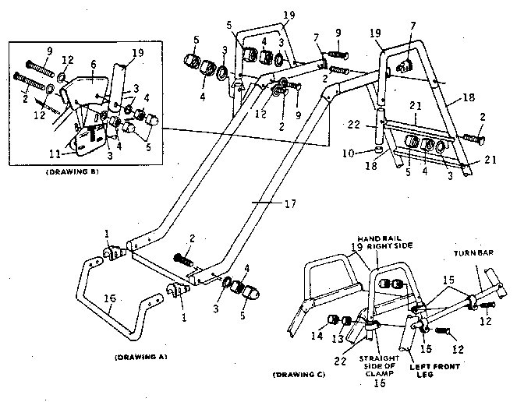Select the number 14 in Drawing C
(316, 336)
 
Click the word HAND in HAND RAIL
(368, 238)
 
